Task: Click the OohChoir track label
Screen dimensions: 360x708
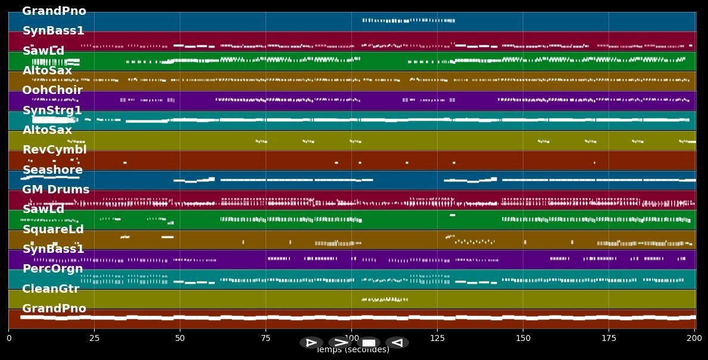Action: pos(52,90)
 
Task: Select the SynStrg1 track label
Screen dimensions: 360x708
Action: pos(52,111)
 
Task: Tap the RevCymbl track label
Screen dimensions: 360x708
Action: pos(55,150)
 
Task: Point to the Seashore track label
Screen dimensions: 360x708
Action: pos(52,170)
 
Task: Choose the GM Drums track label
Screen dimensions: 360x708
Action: pos(56,190)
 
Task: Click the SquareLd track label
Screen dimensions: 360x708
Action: pos(53,230)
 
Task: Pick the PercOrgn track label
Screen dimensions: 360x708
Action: pos(53,269)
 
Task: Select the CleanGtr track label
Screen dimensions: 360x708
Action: pos(51,289)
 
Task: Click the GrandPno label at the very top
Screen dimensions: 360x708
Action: pos(54,11)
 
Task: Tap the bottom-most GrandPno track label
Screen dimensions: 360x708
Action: pos(54,309)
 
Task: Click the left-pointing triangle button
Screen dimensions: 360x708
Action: pos(397,343)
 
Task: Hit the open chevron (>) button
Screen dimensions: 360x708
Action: pos(340,343)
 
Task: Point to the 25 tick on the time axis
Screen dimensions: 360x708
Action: pos(94,339)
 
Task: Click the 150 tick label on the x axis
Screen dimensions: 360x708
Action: pos(523,339)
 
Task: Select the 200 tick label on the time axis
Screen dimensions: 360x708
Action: pos(694,339)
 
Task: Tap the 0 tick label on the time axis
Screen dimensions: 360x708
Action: pos(9,339)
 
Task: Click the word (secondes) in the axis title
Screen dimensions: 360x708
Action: pos(366,350)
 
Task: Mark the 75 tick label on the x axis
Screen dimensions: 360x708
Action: pos(266,339)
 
